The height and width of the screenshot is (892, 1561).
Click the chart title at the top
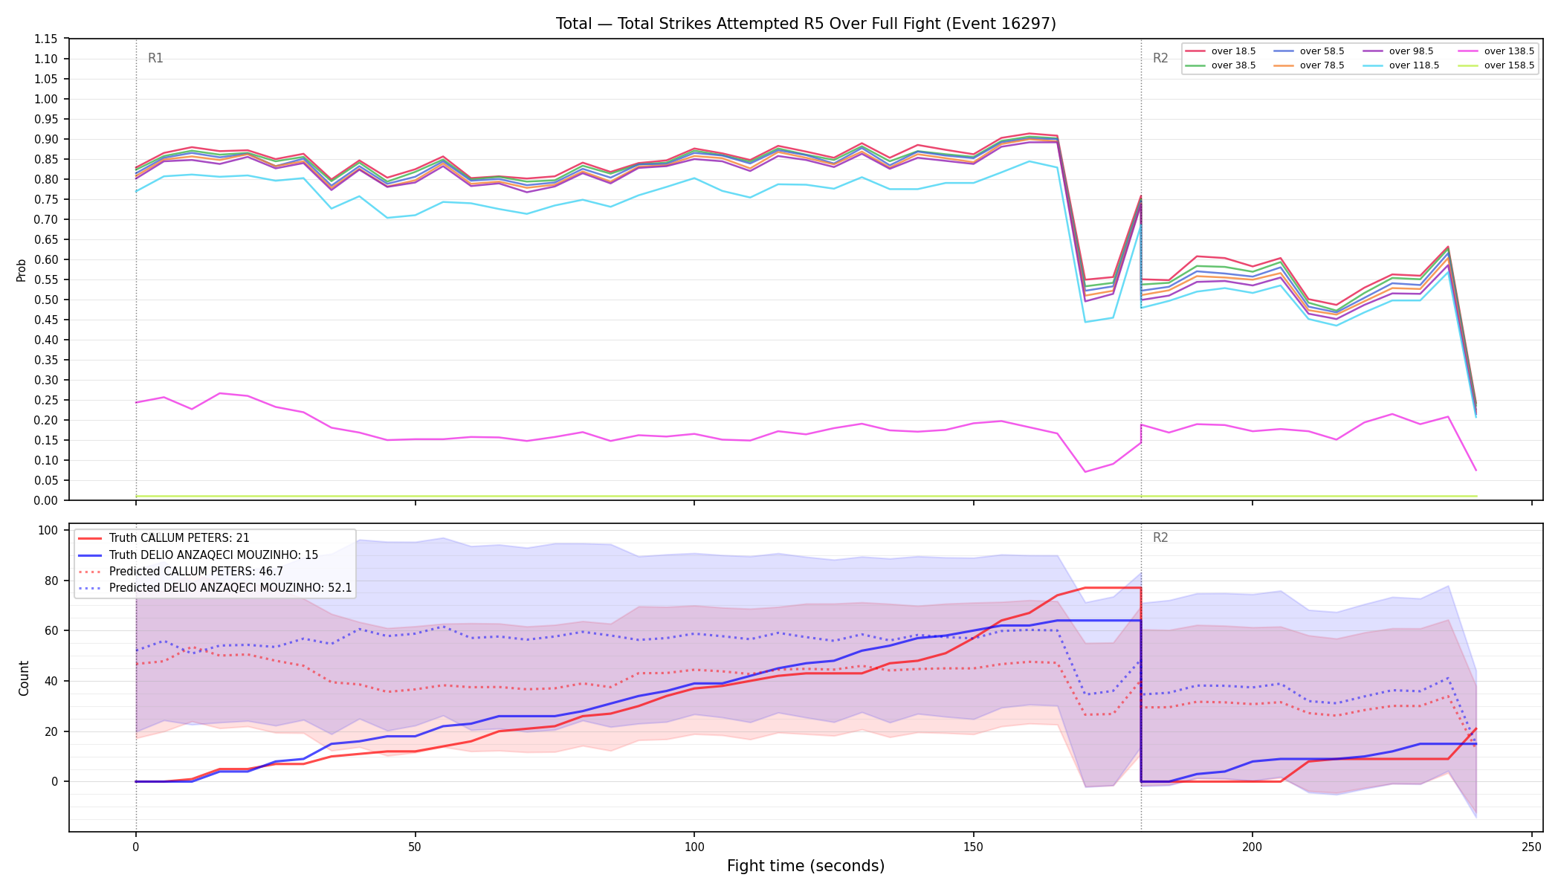coord(806,24)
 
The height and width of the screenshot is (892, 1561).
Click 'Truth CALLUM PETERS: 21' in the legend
coord(179,538)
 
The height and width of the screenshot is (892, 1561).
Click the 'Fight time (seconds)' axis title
coord(806,866)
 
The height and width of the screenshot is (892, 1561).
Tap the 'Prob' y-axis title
coord(22,270)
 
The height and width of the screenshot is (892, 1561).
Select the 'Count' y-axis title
coord(24,678)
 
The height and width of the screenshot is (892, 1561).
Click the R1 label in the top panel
coord(155,58)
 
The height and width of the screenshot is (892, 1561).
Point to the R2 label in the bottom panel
coord(1160,537)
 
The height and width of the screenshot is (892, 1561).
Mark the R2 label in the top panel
coord(1160,58)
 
